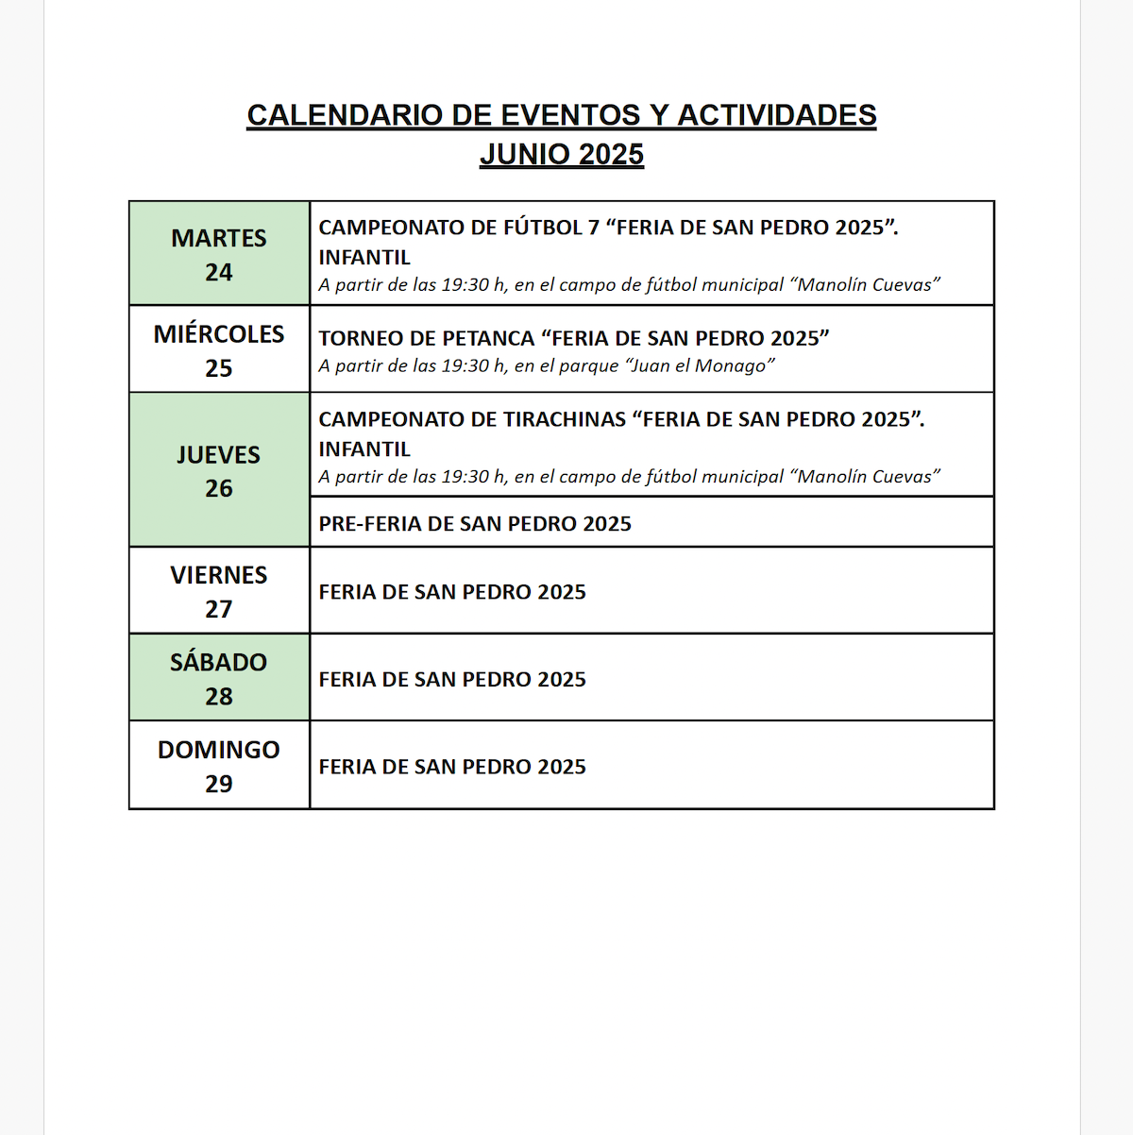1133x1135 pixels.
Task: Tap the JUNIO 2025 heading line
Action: point(562,155)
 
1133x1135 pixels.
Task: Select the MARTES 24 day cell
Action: point(219,254)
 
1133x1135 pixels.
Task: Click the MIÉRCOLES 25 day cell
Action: point(219,350)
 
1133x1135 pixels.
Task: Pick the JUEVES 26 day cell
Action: point(219,470)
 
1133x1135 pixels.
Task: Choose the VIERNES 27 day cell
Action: point(219,591)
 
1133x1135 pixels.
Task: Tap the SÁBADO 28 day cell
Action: point(219,678)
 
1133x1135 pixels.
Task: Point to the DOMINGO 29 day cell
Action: point(219,766)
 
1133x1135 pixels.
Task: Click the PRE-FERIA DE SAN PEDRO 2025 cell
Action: point(475,524)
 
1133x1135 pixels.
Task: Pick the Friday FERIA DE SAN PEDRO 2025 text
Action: point(452,592)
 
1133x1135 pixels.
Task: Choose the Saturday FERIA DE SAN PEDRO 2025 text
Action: point(452,679)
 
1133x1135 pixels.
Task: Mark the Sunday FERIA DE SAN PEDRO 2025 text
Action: point(452,767)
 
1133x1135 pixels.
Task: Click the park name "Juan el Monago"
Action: point(701,366)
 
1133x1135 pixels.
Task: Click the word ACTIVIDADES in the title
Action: point(777,115)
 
